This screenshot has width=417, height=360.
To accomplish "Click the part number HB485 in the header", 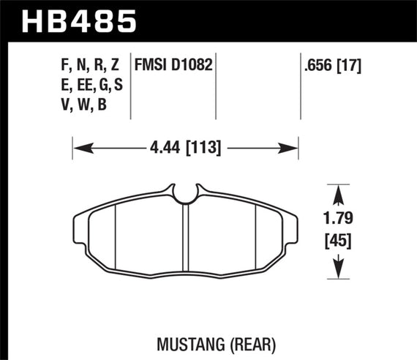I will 80,20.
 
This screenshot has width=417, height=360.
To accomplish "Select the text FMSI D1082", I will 173,66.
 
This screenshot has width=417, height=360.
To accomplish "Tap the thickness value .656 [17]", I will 334,66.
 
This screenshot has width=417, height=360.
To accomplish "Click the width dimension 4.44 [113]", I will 187,149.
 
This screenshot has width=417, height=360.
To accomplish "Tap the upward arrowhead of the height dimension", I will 337,191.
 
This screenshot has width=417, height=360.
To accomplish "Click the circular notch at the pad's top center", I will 187,193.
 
